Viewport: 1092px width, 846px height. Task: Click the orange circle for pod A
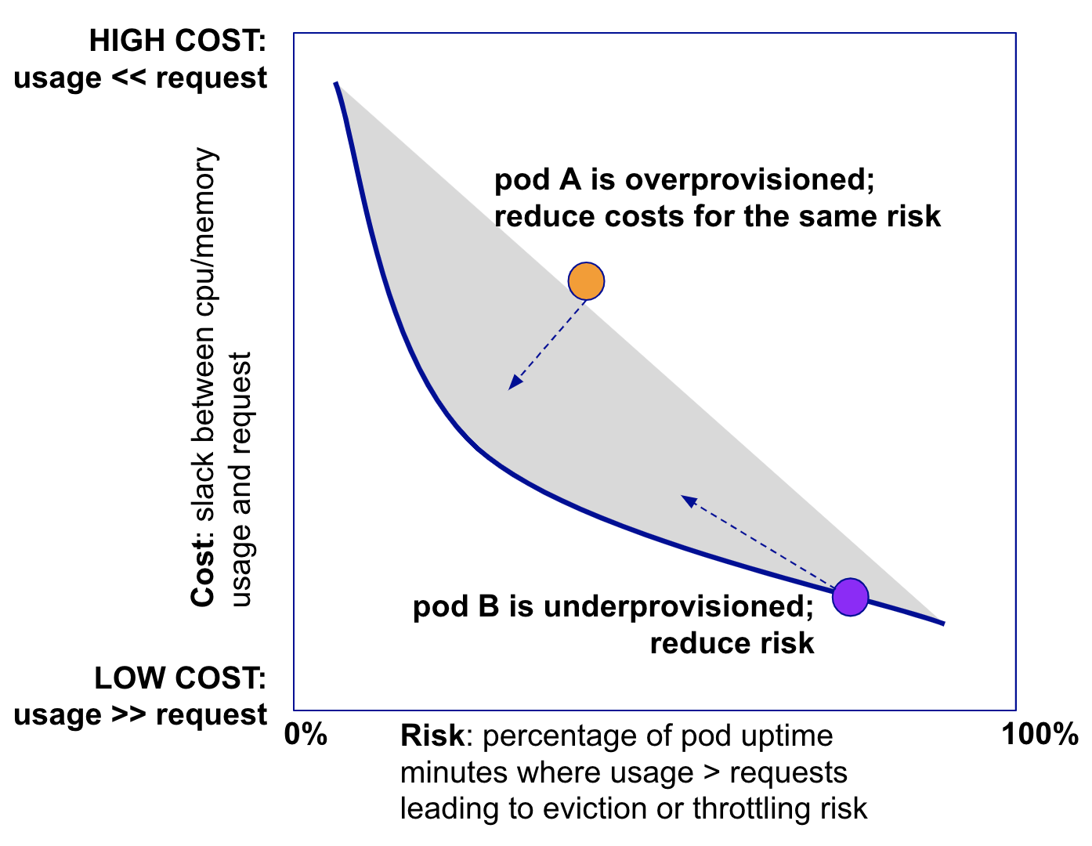click(586, 281)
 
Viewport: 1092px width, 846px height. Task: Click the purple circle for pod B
click(850, 597)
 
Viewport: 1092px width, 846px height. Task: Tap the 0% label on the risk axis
click(306, 735)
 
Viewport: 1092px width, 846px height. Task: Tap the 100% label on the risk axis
click(1040, 735)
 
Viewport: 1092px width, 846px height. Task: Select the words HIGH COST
click(178, 42)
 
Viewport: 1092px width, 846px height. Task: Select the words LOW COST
click(180, 678)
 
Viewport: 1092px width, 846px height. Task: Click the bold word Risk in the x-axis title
click(432, 736)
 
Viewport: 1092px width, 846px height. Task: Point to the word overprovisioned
click(749, 180)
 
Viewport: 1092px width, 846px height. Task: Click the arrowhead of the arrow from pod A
click(514, 383)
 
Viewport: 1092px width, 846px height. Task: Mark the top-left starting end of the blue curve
click(336, 83)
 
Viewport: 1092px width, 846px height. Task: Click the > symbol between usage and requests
click(711, 773)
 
